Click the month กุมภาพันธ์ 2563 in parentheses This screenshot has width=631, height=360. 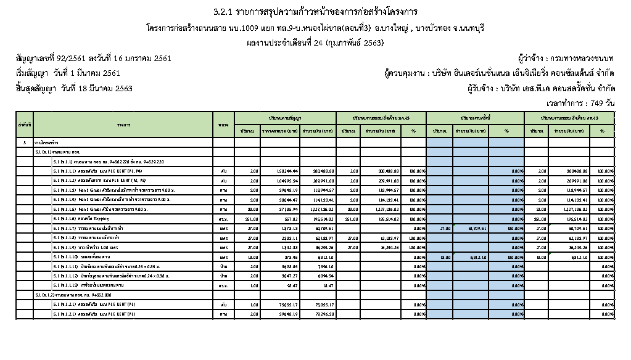point(357,43)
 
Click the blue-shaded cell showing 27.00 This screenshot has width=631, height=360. point(440,228)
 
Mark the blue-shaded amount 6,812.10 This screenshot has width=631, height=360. point(469,257)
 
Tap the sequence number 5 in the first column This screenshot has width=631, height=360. point(25,142)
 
